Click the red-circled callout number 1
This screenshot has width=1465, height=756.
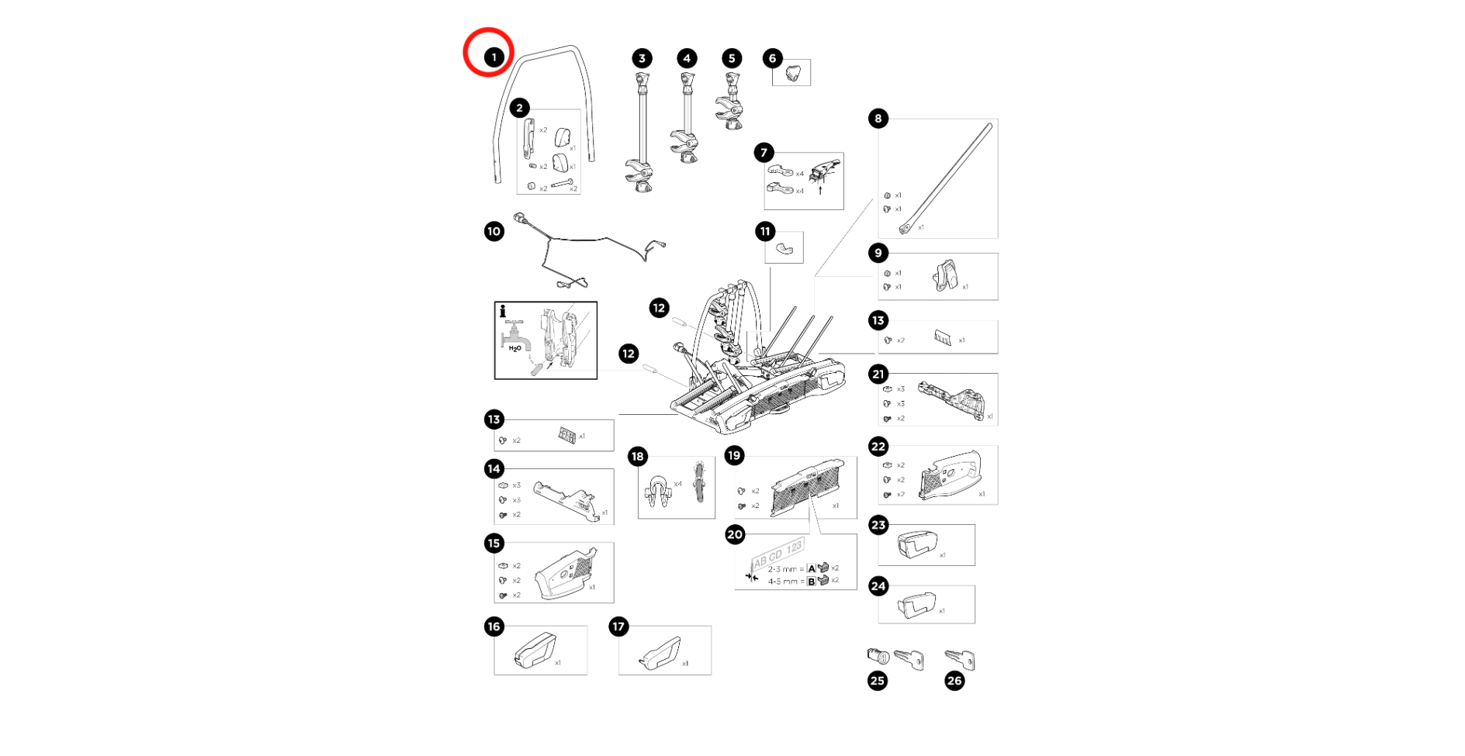494,57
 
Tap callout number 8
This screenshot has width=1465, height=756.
878,119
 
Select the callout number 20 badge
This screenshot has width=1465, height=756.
735,533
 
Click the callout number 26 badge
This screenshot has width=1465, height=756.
954,681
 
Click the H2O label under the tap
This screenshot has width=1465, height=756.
514,349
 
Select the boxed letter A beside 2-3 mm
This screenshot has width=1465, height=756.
812,568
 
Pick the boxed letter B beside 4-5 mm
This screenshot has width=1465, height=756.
812,581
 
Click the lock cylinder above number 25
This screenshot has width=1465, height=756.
878,657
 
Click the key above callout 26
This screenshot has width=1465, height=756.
961,660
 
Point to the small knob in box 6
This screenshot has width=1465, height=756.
792,73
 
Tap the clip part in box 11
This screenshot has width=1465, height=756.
784,249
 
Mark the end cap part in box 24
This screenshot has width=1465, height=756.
916,605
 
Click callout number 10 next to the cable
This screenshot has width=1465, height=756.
494,231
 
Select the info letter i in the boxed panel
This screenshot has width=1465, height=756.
503,311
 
